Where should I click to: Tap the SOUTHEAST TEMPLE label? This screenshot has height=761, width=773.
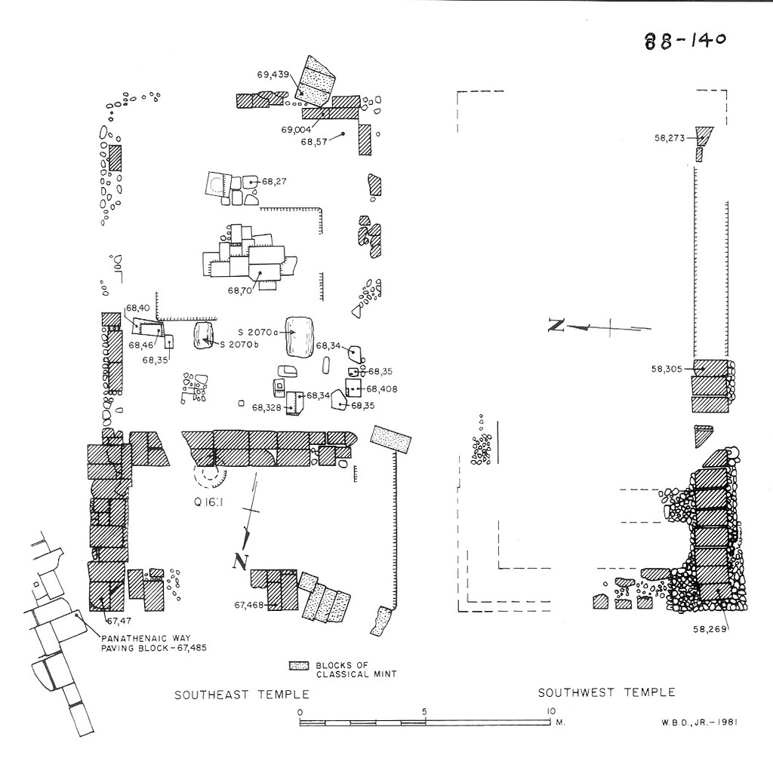242,695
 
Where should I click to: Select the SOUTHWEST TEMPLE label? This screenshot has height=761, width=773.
606,692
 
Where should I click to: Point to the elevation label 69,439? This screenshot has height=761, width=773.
273,75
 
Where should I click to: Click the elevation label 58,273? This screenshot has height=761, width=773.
670,138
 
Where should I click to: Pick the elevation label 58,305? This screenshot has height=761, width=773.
667,369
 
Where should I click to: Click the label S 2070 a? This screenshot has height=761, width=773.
257,332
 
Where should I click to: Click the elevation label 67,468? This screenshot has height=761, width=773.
250,604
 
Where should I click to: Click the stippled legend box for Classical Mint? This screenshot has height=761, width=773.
300,666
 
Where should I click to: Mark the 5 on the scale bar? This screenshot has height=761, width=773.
425,711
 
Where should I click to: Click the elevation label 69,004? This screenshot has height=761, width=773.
297,130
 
